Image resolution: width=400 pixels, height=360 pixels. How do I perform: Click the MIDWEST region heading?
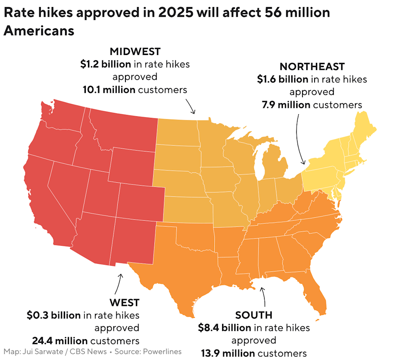[x=135, y=52]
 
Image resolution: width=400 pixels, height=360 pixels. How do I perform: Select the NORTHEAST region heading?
[x=312, y=67]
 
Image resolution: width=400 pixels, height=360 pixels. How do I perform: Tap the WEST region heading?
[x=124, y=302]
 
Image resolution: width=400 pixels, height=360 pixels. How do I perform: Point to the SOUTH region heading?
[x=253, y=315]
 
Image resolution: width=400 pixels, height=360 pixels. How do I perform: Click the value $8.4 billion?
[x=225, y=327]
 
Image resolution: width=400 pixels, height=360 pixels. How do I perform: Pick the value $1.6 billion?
[x=282, y=79]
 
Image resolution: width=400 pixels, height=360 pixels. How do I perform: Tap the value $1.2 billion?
[x=106, y=64]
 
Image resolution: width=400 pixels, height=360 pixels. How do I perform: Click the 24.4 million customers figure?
[x=60, y=340]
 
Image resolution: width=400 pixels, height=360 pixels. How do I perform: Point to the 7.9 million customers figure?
[x=286, y=105]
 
